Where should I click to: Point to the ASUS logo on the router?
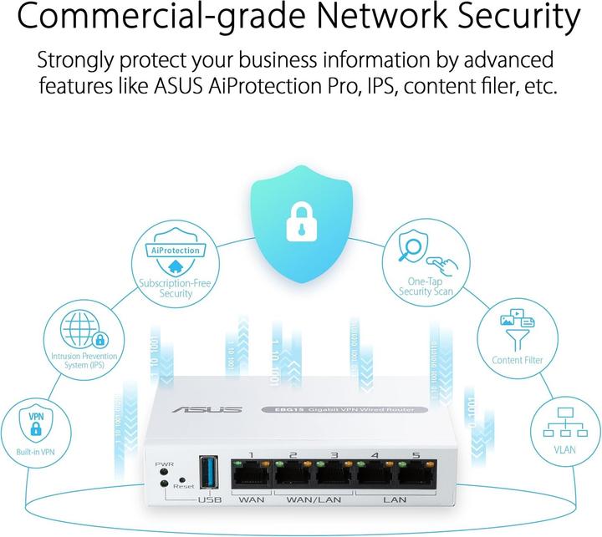pos(219,409)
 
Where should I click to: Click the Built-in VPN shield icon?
pos(36,424)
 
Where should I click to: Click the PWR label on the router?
pos(163,463)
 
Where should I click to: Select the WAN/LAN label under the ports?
pos(313,501)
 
